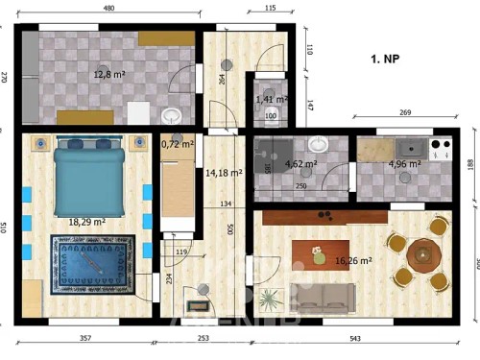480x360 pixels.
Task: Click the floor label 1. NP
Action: [386, 60]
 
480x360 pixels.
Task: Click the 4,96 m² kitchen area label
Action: [404, 164]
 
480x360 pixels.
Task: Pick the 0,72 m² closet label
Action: [178, 145]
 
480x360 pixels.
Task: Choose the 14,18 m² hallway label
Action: [224, 173]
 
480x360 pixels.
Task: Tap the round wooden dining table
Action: [423, 255]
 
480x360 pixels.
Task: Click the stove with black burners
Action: [443, 148]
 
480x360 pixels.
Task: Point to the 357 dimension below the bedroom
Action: [85, 339]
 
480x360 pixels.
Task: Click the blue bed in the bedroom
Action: [89, 178]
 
